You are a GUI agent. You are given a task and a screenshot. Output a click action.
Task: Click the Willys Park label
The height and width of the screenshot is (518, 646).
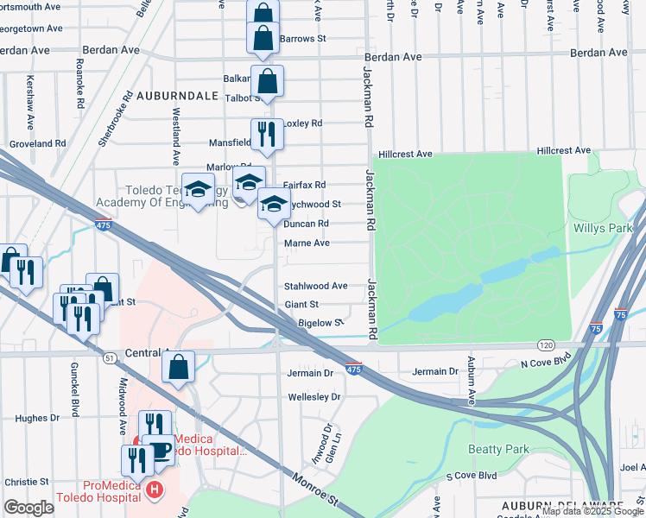(603, 229)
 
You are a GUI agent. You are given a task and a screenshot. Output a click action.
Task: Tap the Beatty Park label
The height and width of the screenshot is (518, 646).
(497, 449)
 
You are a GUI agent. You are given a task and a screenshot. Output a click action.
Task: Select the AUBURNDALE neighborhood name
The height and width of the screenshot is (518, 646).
(176, 96)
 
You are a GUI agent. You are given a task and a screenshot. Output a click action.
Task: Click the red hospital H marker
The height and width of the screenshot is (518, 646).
(154, 490)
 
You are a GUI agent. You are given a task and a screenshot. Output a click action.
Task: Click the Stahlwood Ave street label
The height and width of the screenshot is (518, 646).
(316, 286)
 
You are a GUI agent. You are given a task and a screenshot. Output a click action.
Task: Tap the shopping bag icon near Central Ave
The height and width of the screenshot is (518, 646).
(178, 367)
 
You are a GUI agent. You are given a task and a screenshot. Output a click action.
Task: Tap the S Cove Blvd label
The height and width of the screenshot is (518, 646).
(471, 476)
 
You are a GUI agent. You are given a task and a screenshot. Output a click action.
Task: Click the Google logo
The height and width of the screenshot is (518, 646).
(29, 507)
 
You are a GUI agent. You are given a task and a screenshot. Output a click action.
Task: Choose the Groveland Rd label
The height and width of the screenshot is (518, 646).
(37, 143)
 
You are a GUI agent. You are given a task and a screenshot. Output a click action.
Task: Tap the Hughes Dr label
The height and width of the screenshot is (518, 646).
(37, 417)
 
